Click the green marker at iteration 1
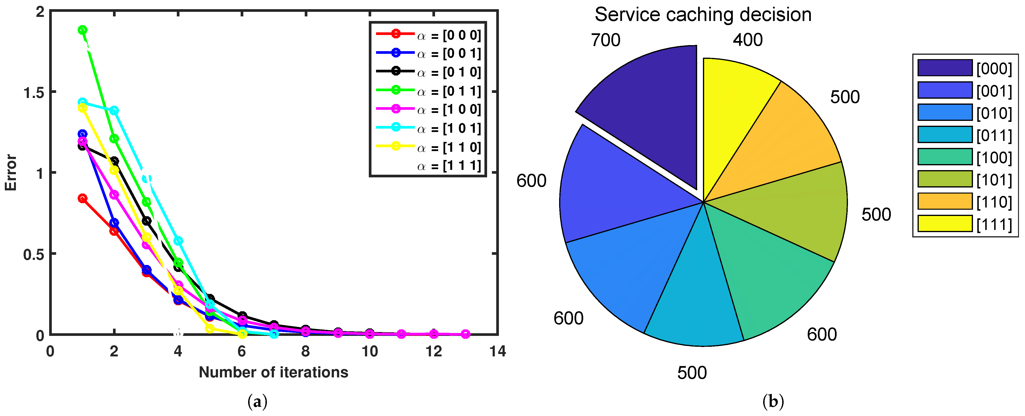[82, 30]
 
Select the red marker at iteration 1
[82, 198]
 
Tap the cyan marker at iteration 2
[114, 110]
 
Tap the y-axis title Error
[11, 173]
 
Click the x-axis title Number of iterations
[273, 372]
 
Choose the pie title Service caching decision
[703, 15]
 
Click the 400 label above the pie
[748, 40]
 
